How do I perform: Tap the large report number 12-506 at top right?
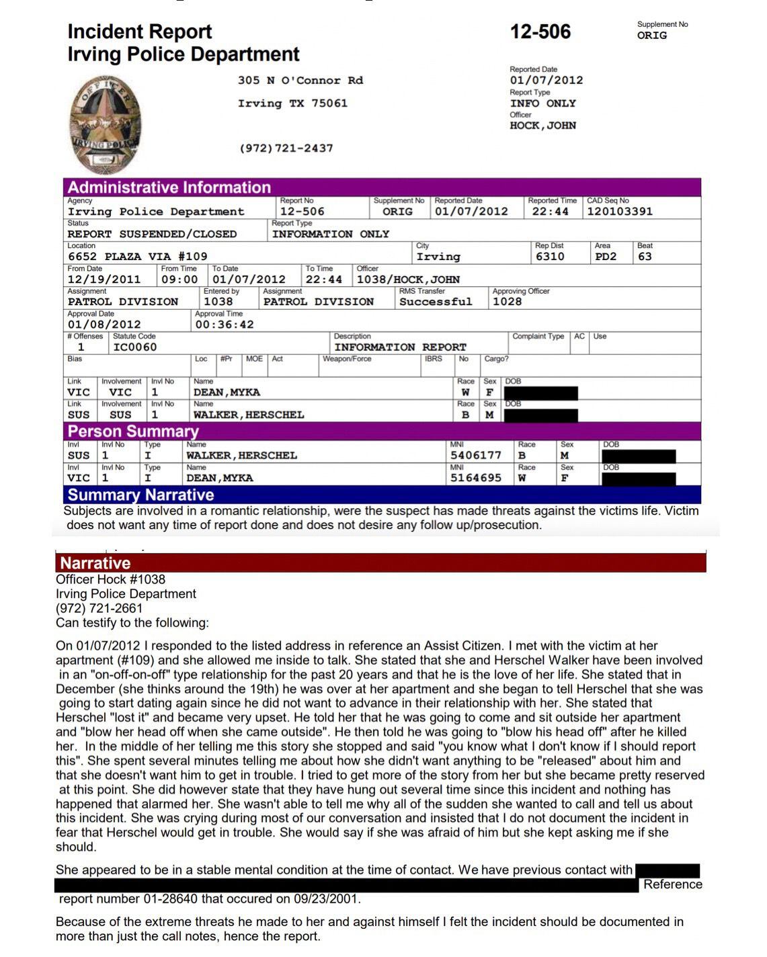pos(540,32)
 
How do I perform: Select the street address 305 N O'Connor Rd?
pos(300,81)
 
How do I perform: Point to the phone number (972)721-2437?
pos(286,148)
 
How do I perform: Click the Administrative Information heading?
pos(169,188)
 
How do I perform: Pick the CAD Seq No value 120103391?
pos(619,212)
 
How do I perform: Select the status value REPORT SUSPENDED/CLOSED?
pos(152,234)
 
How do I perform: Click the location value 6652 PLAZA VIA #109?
pos(137,257)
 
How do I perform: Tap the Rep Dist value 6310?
pos(549,257)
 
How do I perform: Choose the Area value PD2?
pos(605,257)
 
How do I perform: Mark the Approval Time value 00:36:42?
pos(225,325)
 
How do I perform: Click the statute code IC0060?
pos(134,347)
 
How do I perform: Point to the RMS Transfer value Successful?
pos(436,302)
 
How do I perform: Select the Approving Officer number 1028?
pos(507,302)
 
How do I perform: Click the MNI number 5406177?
pos(475,456)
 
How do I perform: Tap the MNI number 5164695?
pos(475,478)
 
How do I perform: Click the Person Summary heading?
pos(133,431)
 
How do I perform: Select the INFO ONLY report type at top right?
pos(542,103)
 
